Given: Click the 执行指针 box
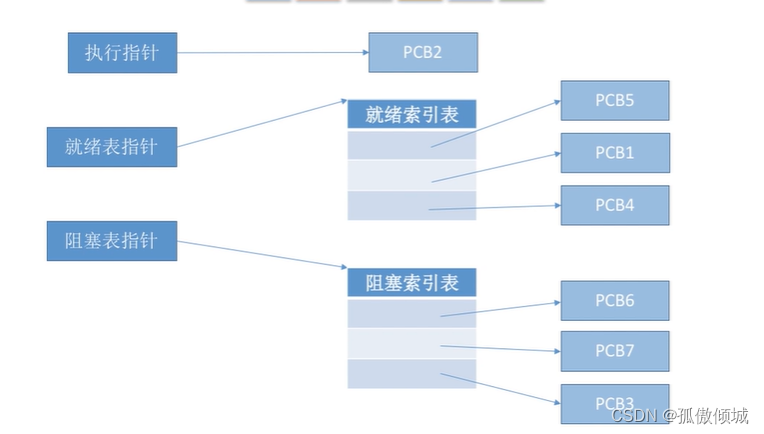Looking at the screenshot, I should coord(122,53).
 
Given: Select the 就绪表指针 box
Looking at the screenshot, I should coord(111,146).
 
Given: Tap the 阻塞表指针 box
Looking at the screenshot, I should coord(111,241).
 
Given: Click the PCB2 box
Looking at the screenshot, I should coord(422,53).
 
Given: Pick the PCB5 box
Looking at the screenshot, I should coord(614,101).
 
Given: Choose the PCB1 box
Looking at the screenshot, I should coord(614,153).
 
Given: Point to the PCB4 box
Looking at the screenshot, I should coord(614,205).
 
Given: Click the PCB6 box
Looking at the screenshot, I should coord(614,300).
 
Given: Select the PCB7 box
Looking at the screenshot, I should coord(614,351).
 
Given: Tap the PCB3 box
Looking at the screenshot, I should coord(614,402).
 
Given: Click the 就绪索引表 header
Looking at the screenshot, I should coord(412,114).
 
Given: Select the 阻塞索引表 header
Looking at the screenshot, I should coord(412,282).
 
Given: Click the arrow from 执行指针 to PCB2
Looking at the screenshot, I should coord(272,53).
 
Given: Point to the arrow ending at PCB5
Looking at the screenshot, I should coord(495,124).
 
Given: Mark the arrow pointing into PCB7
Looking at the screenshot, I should coord(500,349).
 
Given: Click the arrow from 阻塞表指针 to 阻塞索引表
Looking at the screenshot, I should coord(262,254).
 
